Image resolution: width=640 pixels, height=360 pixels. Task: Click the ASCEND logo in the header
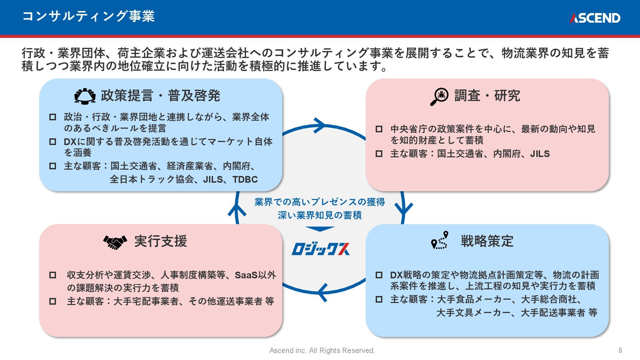tap(595, 18)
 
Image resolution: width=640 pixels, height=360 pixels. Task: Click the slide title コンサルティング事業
tap(88, 16)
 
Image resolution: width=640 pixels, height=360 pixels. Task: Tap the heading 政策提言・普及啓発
tap(160, 96)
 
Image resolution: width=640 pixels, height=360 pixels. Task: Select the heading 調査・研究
tap(487, 96)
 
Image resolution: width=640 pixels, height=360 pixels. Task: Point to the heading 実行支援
tap(160, 241)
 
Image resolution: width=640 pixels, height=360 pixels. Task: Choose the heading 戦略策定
tap(487, 241)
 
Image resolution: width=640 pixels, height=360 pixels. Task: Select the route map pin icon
tap(440, 240)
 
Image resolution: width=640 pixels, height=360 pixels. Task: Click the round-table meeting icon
tap(85, 96)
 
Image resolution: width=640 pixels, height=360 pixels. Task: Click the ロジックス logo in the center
tap(321, 249)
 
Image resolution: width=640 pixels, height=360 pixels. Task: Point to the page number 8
tap(620, 350)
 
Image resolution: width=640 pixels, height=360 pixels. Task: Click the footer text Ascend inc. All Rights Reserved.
tap(322, 351)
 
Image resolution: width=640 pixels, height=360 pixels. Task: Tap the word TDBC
tap(245, 179)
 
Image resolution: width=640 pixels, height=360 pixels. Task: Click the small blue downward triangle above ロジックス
tap(320, 229)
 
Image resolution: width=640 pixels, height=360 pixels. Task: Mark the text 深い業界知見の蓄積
tap(320, 215)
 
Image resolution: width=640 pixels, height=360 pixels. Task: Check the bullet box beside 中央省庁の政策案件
tap(379, 129)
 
